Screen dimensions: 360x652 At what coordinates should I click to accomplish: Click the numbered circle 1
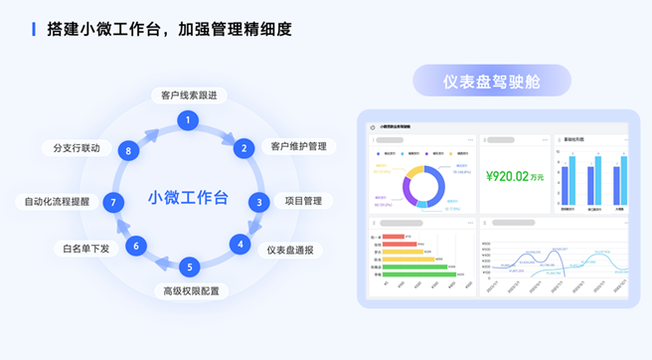(x=186, y=119)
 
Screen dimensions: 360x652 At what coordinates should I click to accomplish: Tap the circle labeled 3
(x=258, y=202)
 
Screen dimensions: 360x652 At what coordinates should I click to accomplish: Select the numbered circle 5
(x=190, y=267)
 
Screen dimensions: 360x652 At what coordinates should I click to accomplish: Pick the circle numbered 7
(x=114, y=202)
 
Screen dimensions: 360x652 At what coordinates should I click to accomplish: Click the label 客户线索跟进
(x=189, y=95)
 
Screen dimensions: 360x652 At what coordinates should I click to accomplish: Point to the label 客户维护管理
(x=298, y=147)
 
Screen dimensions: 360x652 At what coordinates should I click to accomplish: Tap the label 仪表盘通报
(x=289, y=250)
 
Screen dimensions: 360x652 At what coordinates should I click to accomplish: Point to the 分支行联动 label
(x=77, y=148)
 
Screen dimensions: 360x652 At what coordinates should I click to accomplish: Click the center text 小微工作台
(x=188, y=196)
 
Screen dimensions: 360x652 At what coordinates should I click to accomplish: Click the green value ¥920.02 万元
(x=515, y=177)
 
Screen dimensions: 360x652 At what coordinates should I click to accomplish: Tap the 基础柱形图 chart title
(x=574, y=140)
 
